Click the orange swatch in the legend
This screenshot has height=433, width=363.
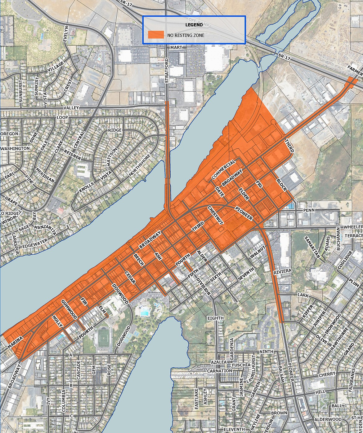(x=156, y=35)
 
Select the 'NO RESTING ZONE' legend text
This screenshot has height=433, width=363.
(x=186, y=35)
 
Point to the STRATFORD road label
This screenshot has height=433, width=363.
(x=167, y=70)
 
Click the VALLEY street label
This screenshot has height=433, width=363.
(x=71, y=108)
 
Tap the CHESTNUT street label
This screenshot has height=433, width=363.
(x=216, y=215)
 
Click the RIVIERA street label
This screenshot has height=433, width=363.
(x=283, y=271)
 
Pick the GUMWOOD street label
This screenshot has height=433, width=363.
(x=69, y=309)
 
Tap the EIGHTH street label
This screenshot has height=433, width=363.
(x=215, y=318)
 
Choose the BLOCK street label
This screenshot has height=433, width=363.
(x=281, y=185)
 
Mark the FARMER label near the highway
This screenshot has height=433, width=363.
(x=355, y=73)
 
